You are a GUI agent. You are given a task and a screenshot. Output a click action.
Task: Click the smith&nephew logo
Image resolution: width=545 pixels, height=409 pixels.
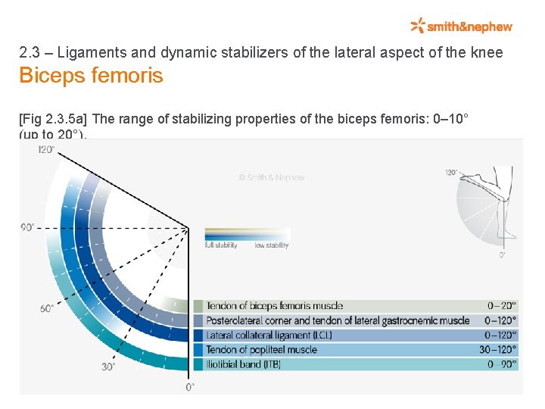(462, 27)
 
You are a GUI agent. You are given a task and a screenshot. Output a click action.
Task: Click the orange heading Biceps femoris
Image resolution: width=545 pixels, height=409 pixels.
(91, 76)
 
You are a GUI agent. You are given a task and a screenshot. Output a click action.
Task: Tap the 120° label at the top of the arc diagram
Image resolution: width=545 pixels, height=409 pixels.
(46, 149)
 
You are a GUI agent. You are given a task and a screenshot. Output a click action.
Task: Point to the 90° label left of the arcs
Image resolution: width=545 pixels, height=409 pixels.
(29, 227)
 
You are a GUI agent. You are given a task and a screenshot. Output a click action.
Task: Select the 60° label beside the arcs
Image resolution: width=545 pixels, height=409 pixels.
(47, 308)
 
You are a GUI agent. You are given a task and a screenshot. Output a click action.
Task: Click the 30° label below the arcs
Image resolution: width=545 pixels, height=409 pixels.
(108, 367)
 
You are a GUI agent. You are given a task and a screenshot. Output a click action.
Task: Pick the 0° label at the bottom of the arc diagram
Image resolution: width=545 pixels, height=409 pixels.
(190, 387)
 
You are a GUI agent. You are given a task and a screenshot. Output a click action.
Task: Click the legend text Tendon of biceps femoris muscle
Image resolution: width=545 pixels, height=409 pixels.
(274, 306)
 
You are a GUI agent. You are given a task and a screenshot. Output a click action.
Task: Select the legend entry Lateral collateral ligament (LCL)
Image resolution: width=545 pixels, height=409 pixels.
(269, 335)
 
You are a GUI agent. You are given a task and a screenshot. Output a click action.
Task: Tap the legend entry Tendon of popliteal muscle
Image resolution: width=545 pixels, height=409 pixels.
(261, 349)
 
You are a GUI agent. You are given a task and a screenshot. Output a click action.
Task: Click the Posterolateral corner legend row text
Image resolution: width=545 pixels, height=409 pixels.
(338, 320)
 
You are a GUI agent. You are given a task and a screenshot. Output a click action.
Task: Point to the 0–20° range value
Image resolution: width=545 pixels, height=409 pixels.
(502, 306)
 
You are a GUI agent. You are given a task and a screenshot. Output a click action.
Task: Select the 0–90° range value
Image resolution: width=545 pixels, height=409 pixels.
(502, 364)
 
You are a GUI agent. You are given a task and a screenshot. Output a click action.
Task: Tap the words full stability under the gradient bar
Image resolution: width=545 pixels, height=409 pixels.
(221, 245)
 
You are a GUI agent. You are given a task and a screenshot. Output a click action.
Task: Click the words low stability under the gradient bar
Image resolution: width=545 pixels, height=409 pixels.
(272, 245)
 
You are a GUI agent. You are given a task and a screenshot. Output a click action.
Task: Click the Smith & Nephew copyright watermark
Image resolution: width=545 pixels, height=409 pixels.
(271, 177)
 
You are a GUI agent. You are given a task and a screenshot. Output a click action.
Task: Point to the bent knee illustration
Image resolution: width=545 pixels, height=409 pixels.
(488, 204)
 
